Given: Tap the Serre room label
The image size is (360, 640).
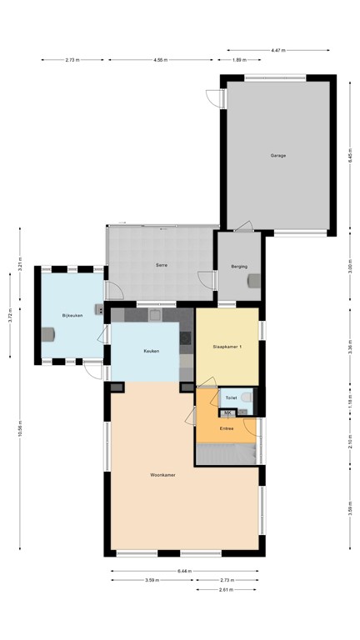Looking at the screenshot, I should tap(162, 264).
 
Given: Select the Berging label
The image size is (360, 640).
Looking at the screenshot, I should tap(239, 267).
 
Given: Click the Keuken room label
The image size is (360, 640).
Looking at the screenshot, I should tap(151, 351).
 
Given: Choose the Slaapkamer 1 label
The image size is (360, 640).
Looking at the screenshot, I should tap(227, 346).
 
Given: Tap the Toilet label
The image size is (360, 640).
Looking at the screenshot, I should tap(231, 398).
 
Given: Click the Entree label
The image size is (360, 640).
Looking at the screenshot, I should tap(226, 428).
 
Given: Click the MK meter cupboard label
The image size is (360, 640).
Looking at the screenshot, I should tap(227, 412).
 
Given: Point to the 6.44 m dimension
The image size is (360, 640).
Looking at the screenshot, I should tap(184, 571).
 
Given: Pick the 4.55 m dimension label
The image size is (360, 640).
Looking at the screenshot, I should tap(161, 60).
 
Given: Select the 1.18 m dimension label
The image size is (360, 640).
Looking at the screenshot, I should tap(350, 402).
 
